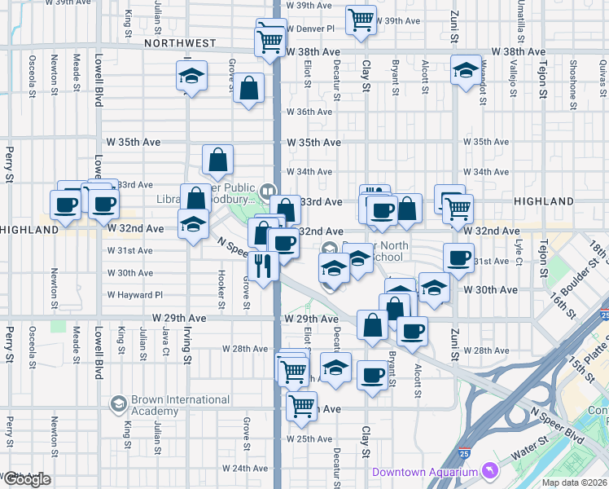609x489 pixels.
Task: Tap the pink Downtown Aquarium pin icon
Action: (x=489, y=470)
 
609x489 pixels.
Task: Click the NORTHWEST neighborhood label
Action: (x=180, y=42)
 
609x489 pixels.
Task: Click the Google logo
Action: (x=26, y=479)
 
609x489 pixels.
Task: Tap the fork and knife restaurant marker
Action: (x=262, y=267)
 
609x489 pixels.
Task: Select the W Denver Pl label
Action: (x=313, y=28)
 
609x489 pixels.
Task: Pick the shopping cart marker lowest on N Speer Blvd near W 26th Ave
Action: (x=302, y=404)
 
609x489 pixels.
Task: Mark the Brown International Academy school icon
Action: (x=119, y=403)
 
